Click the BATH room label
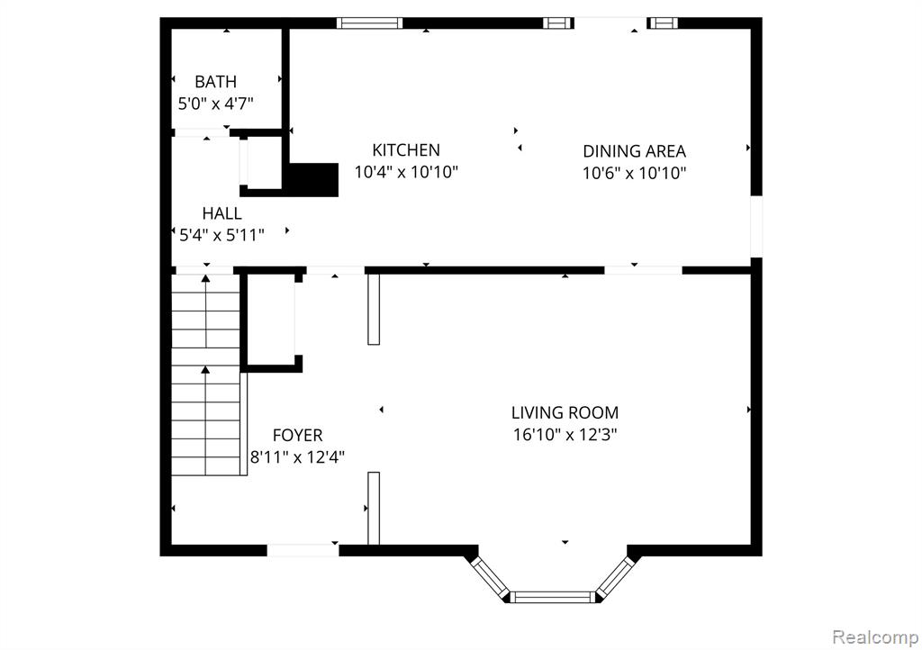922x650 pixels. [x=216, y=82]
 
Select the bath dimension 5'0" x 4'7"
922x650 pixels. [x=216, y=104]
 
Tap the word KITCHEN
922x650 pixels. [x=406, y=150]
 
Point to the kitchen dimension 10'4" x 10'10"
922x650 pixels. [x=406, y=172]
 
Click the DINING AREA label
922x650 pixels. [x=634, y=151]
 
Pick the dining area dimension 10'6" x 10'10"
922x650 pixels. [x=634, y=174]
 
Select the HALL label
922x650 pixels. [x=221, y=213]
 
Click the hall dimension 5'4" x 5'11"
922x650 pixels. [x=221, y=236]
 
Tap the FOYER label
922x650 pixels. [x=297, y=436]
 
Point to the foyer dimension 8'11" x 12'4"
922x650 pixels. [x=297, y=457]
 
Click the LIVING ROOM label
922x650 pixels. [x=565, y=413]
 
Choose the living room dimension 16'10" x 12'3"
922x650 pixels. [x=565, y=435]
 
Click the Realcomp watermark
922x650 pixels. [x=875, y=637]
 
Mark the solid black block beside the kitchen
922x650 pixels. [x=313, y=180]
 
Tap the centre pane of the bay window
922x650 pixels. [x=552, y=597]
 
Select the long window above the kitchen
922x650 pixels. [x=370, y=23]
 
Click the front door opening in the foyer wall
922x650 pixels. [x=303, y=551]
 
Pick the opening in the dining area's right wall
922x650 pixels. [x=756, y=226]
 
